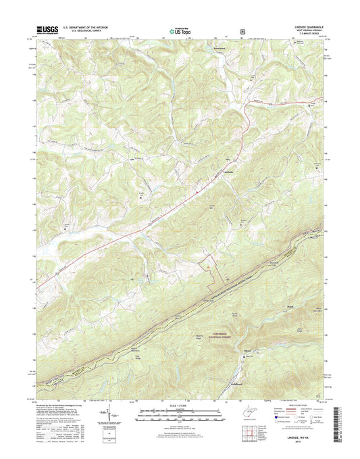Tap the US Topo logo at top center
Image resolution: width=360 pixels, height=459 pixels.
[x=178, y=30]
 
